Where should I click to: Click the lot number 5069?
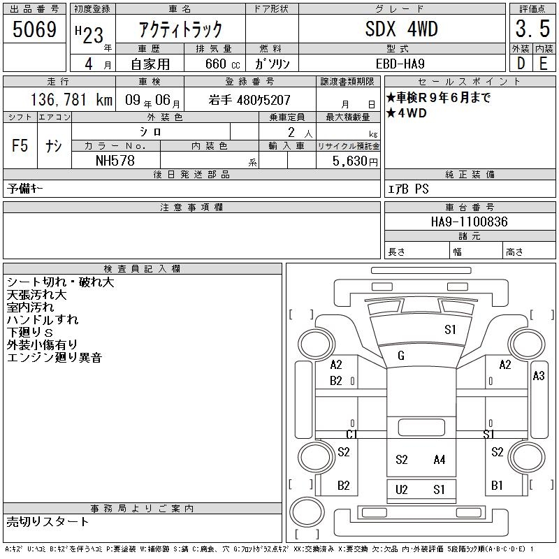pyautogui.click(x=34, y=30)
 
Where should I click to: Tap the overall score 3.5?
pyautogui.click(x=530, y=29)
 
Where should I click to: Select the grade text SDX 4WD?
pyautogui.click(x=401, y=29)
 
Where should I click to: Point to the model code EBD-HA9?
pyautogui.click(x=401, y=63)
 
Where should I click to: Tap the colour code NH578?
pyautogui.click(x=115, y=161)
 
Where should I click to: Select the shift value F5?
pyautogui.click(x=20, y=146)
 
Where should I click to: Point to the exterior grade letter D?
pyautogui.click(x=520, y=63)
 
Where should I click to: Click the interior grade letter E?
pyautogui.click(x=543, y=63)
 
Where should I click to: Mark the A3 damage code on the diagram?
pyautogui.click(x=539, y=376)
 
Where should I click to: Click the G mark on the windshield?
pyautogui.click(x=401, y=356)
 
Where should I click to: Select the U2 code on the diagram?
pyautogui.click(x=401, y=489)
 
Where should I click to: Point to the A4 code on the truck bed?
pyautogui.click(x=439, y=459)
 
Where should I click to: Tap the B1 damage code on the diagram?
pyautogui.click(x=497, y=485)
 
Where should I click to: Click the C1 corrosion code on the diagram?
pyautogui.click(x=352, y=435)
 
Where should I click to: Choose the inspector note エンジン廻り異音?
pyautogui.click(x=55, y=358)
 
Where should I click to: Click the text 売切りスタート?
pyautogui.click(x=48, y=521)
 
